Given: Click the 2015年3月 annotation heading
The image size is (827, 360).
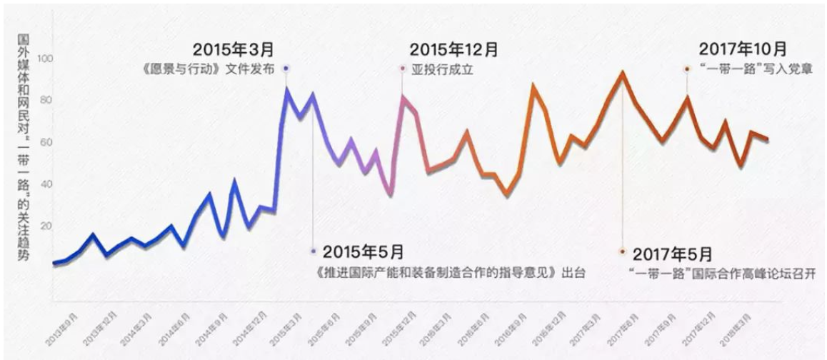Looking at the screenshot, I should point(234,51).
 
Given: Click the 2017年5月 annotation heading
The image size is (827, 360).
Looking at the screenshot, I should point(672,254).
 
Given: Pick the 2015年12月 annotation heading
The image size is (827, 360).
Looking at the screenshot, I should point(453,51).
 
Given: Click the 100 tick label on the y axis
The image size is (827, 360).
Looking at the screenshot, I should point(47,59).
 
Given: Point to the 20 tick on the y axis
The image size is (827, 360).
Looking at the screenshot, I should point(47,226).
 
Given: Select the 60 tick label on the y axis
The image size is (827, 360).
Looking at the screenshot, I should point(47,143).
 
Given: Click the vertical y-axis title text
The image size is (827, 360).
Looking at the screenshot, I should point(23,150).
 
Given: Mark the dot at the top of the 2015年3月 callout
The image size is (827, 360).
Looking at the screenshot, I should point(286,69).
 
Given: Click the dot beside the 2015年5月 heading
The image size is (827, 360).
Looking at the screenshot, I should point(313,251).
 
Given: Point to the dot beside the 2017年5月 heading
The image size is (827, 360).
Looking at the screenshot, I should point(623,251).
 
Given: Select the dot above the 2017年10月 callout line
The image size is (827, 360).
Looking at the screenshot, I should point(687,69).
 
